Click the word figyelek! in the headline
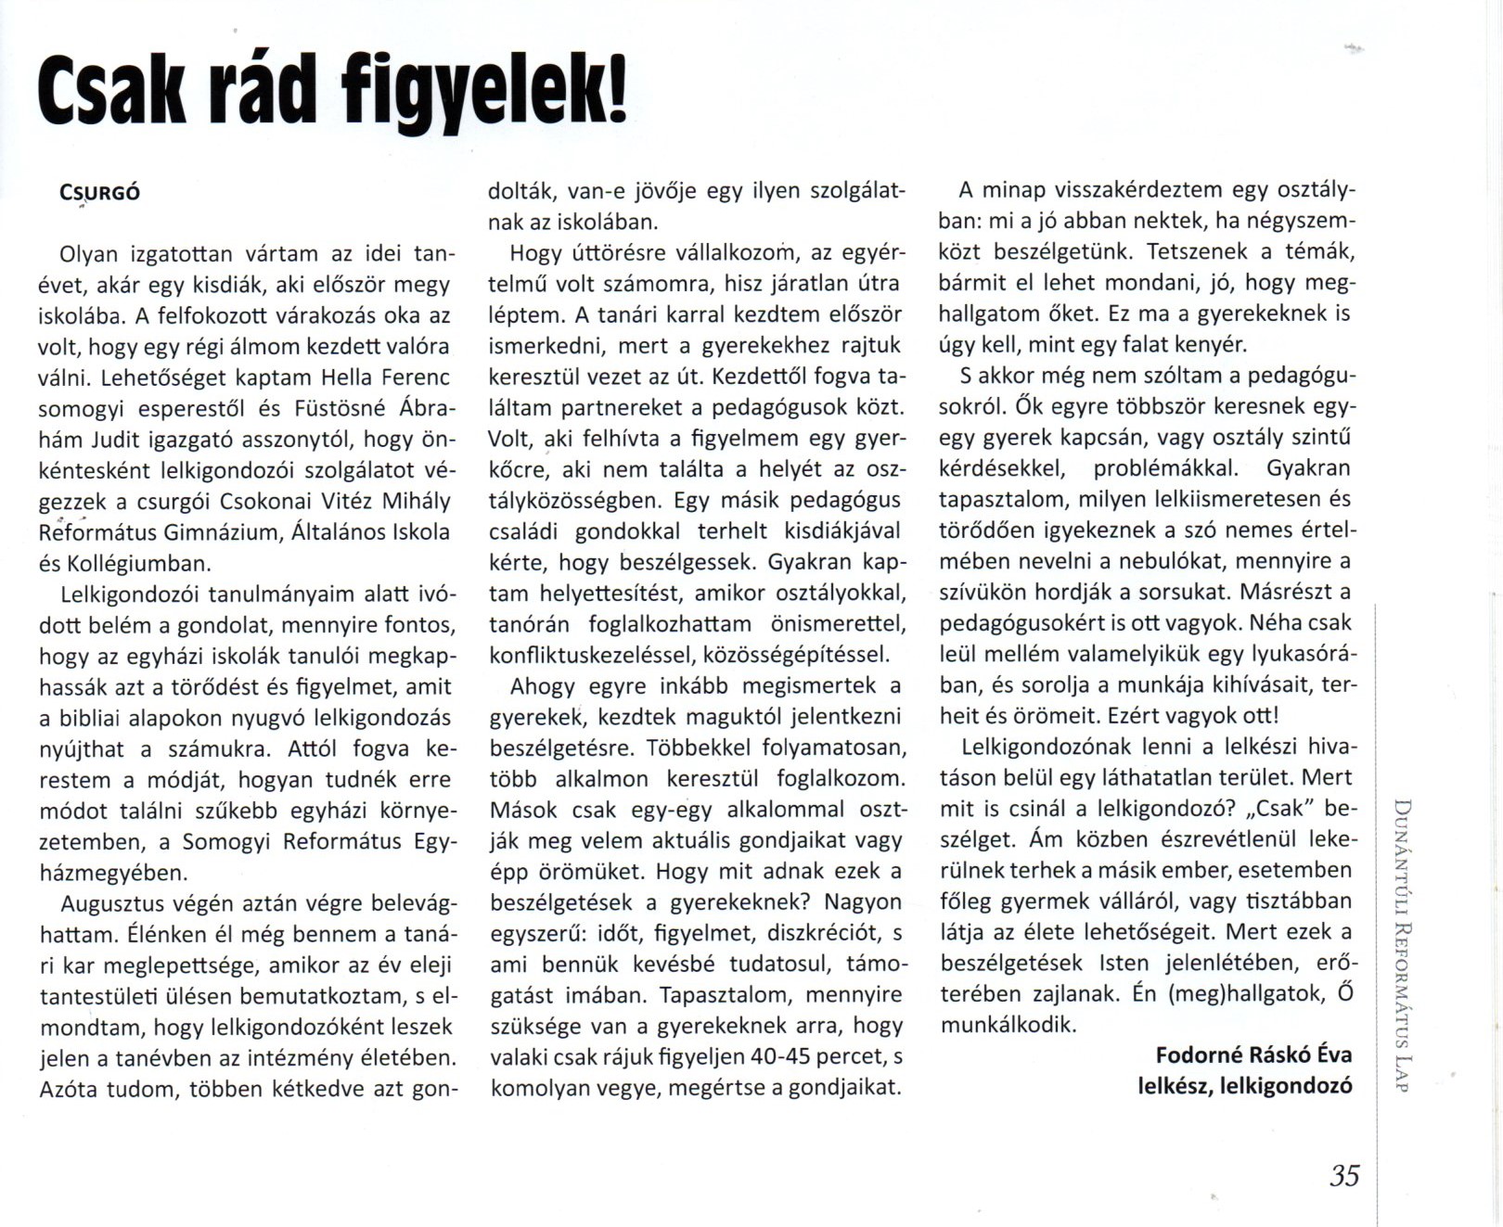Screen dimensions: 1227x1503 pos(483,93)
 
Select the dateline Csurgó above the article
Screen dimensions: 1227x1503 pos(100,193)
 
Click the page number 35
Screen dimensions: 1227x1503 pos(1344,1176)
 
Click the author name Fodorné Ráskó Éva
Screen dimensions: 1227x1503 pos(1253,1054)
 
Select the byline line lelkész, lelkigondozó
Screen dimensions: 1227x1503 pos(1245,1085)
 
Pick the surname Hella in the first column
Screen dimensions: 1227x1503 pos(345,378)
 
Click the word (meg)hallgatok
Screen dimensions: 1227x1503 pos(1245,993)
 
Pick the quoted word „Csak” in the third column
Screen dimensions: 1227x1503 pos(1279,808)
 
